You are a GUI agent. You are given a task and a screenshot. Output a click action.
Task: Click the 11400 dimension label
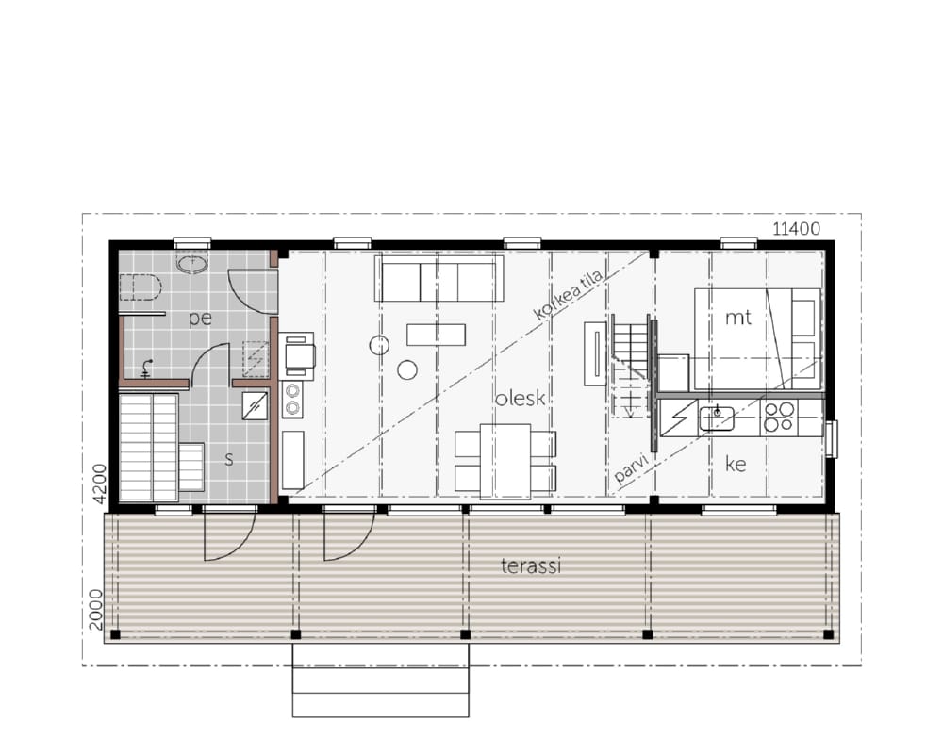click(x=796, y=228)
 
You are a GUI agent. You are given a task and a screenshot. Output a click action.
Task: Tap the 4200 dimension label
click(x=99, y=484)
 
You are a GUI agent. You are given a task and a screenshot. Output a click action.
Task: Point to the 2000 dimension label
click(x=96, y=610)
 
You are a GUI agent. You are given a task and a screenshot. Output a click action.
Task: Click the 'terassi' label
click(x=531, y=565)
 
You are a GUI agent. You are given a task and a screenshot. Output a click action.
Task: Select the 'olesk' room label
click(x=521, y=398)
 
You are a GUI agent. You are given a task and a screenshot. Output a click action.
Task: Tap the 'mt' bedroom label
click(x=738, y=317)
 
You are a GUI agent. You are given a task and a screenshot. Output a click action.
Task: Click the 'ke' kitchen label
click(x=736, y=464)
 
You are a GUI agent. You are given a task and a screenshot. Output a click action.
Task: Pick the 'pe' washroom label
click(x=200, y=318)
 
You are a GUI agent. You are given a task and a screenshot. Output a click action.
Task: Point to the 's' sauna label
click(x=228, y=460)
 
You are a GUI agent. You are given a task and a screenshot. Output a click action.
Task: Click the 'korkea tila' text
click(x=569, y=295)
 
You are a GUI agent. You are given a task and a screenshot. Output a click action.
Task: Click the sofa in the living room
click(x=439, y=278)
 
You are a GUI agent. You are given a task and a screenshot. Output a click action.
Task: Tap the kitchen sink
click(x=717, y=418)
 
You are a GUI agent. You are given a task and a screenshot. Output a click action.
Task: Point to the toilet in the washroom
click(x=141, y=287)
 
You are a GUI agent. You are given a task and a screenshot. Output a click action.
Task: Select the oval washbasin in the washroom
click(x=192, y=263)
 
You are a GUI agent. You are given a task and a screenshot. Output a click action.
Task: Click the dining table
click(x=505, y=461)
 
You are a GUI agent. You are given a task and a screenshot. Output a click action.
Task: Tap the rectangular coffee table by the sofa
click(x=436, y=335)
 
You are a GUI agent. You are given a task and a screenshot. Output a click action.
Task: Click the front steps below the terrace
click(x=381, y=680)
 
